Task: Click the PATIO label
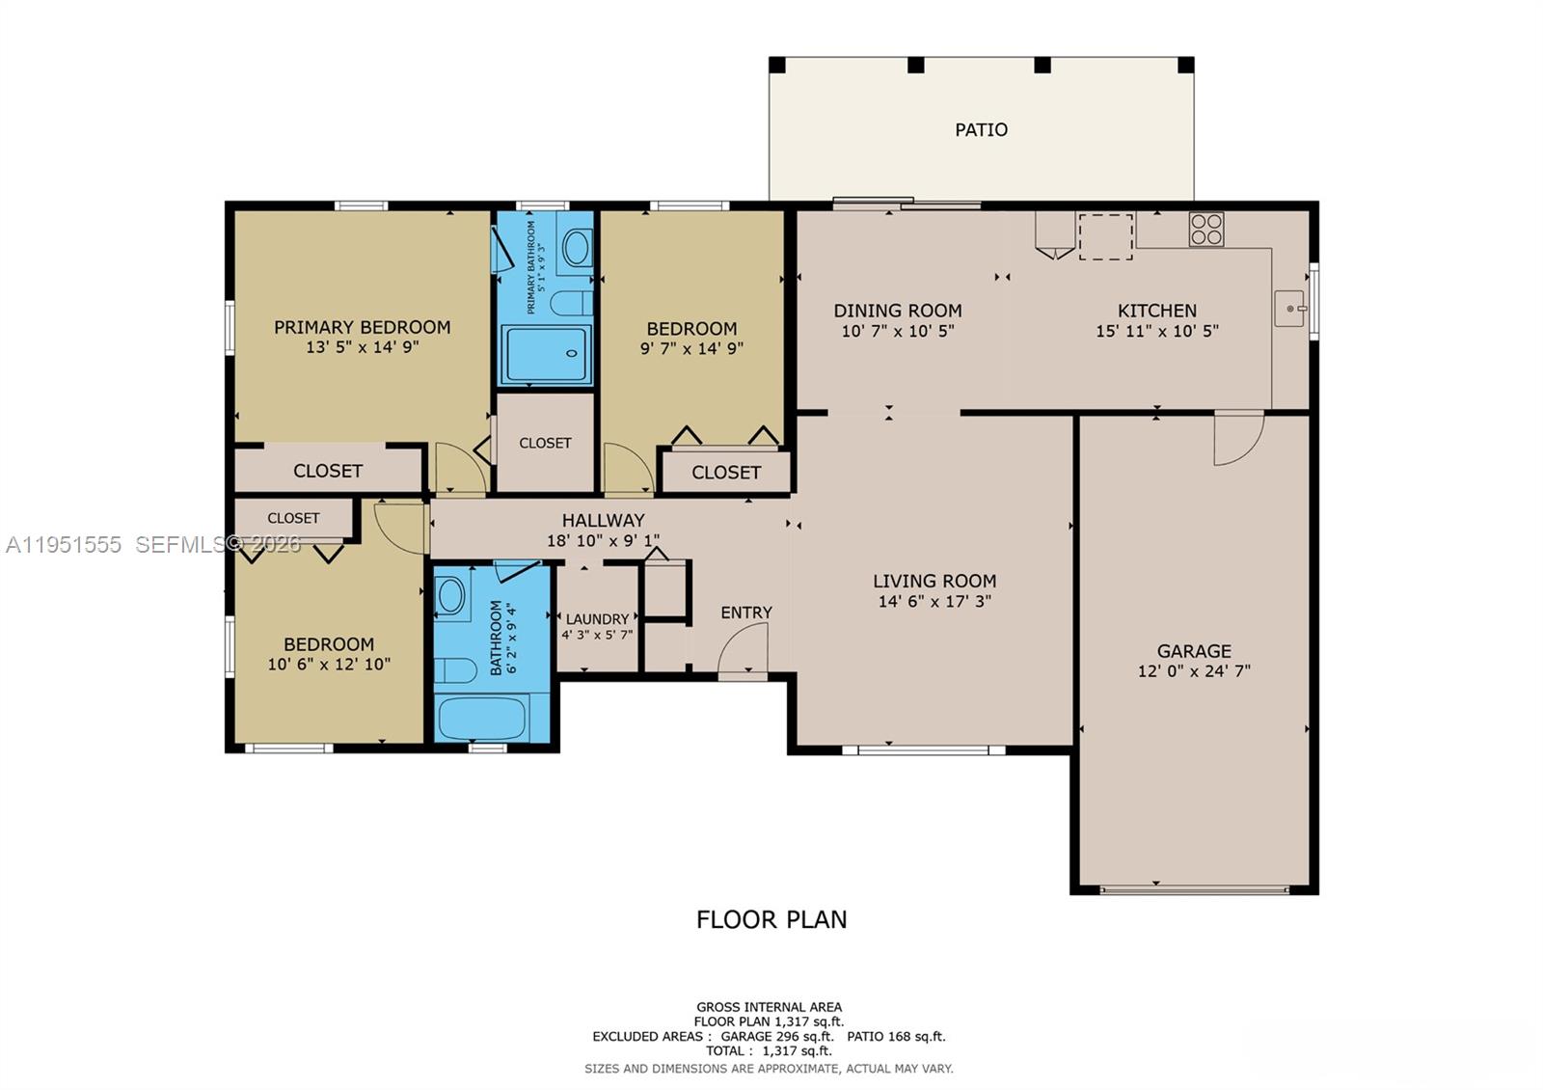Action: (981, 129)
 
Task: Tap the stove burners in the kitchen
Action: (1205, 230)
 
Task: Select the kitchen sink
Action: (1288, 309)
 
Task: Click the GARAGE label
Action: (1194, 651)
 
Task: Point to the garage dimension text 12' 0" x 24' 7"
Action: (1194, 671)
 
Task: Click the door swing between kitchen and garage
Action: (1236, 438)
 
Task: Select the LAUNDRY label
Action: (597, 619)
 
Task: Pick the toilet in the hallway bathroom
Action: (454, 669)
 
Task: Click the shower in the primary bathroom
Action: (546, 355)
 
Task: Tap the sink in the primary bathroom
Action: (577, 248)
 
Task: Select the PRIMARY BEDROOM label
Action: (362, 327)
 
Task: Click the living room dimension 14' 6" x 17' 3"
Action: (934, 601)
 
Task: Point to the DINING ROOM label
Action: (897, 311)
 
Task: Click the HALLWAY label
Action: (603, 520)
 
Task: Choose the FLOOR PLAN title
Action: (771, 919)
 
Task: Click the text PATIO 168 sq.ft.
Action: (896, 1036)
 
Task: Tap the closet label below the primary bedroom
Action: (327, 471)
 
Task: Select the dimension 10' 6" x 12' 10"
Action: (328, 664)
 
